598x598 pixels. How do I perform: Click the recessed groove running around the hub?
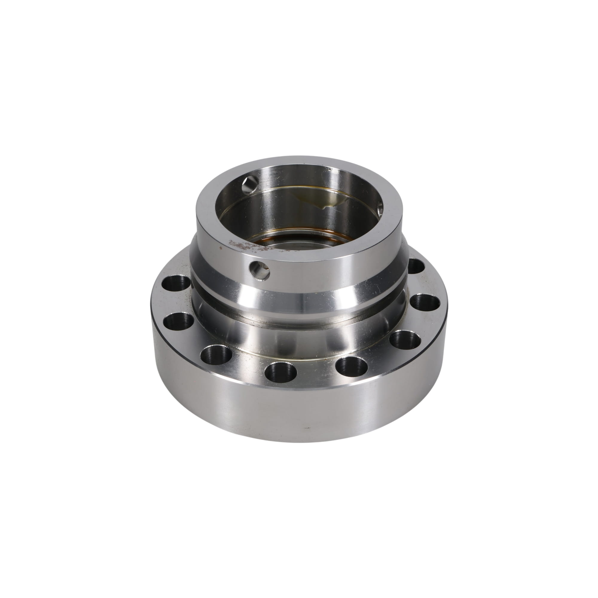point(297,306)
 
